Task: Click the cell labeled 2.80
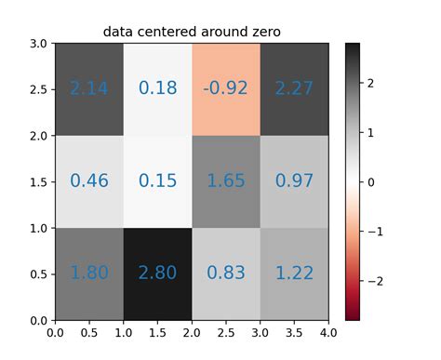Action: (x=157, y=273)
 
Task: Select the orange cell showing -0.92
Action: (x=226, y=88)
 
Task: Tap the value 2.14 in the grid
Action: (x=88, y=88)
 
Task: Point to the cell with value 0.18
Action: (x=157, y=88)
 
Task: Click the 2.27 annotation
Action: (x=295, y=88)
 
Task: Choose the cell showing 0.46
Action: (x=88, y=180)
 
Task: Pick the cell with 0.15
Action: (x=157, y=180)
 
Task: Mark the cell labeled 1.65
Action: (x=226, y=180)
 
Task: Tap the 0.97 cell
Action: (x=295, y=180)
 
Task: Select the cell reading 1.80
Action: (x=88, y=273)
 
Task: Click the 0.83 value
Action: (x=226, y=273)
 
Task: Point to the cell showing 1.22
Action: (x=295, y=273)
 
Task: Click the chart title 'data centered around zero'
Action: (x=192, y=33)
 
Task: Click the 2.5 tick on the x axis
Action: (x=226, y=332)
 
